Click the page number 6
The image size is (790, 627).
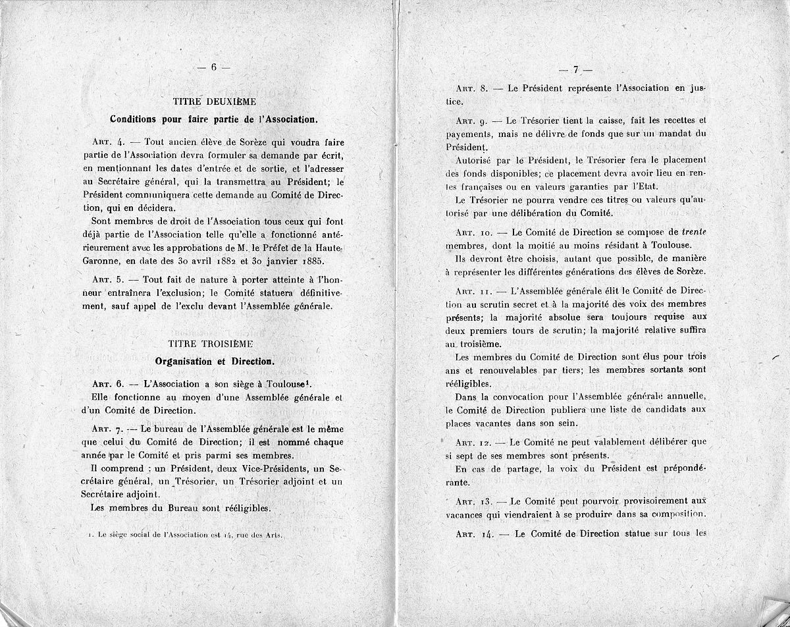[214, 67]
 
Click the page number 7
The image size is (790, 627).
[575, 69]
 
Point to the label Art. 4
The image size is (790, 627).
[105, 142]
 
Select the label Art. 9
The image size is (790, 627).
[469, 121]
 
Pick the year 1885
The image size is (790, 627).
[336, 259]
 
